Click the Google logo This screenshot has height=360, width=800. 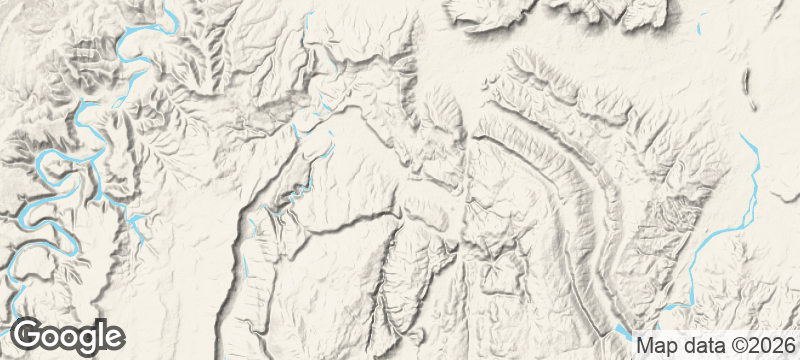[68, 336]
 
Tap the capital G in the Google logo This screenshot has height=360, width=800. [27, 335]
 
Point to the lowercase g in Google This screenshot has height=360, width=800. [83, 339]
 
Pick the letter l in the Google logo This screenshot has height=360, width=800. [98, 334]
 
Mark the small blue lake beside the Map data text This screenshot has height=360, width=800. [622, 330]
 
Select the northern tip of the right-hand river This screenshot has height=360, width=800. [741, 135]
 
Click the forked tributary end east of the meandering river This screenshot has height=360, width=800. [136, 220]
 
